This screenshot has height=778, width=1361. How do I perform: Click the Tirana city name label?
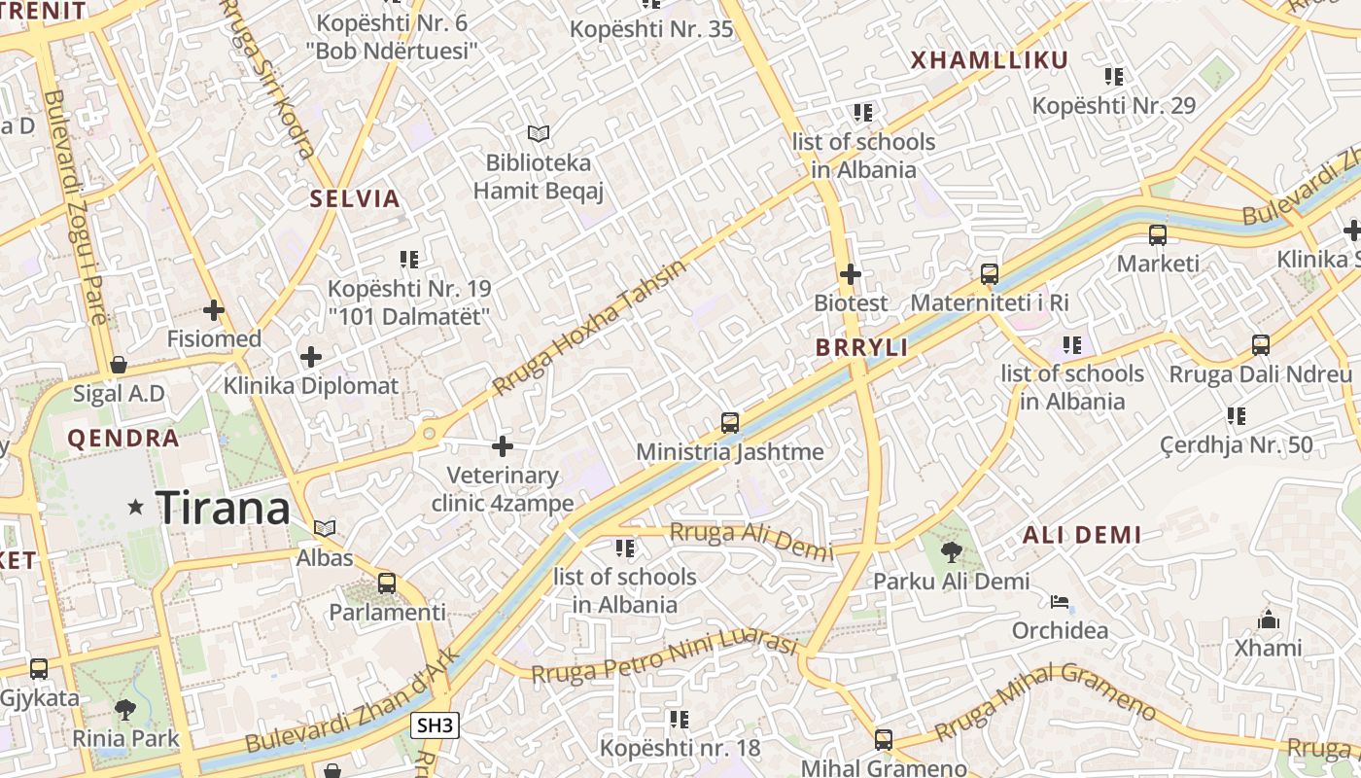223,508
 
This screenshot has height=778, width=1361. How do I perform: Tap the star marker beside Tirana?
136,507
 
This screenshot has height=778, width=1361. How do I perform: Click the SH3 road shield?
435,725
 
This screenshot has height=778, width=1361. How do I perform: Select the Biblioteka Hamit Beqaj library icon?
538,133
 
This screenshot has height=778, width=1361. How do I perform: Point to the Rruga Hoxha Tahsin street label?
589,327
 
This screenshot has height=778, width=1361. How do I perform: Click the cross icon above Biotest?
851,274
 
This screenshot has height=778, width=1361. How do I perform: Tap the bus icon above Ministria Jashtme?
730,423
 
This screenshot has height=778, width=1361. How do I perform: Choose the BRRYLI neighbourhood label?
861,347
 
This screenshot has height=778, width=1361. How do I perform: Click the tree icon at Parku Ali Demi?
951,553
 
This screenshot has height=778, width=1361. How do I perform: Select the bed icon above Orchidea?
1060,602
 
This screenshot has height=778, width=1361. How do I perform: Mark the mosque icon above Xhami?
1269,619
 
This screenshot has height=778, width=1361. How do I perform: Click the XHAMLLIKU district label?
989,60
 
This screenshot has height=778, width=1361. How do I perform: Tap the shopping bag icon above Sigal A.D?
119,365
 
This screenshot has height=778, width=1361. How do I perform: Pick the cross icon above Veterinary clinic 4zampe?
503,446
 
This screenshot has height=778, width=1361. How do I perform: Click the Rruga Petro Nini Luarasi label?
664,657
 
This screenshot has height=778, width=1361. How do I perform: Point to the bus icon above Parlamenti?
387,583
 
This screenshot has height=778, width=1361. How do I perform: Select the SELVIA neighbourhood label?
355,199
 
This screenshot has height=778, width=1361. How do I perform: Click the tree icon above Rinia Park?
125,709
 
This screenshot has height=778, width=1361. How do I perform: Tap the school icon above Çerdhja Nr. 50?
1237,416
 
